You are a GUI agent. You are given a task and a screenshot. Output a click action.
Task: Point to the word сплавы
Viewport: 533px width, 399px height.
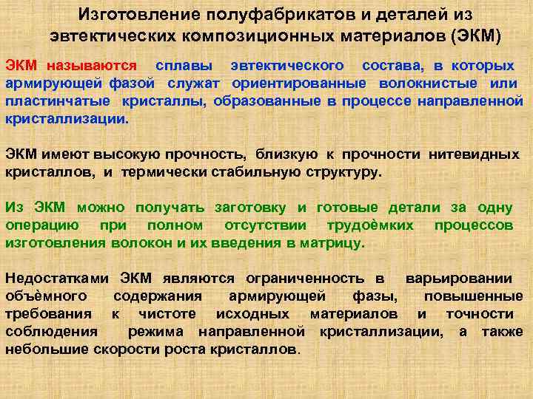point(178,66)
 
